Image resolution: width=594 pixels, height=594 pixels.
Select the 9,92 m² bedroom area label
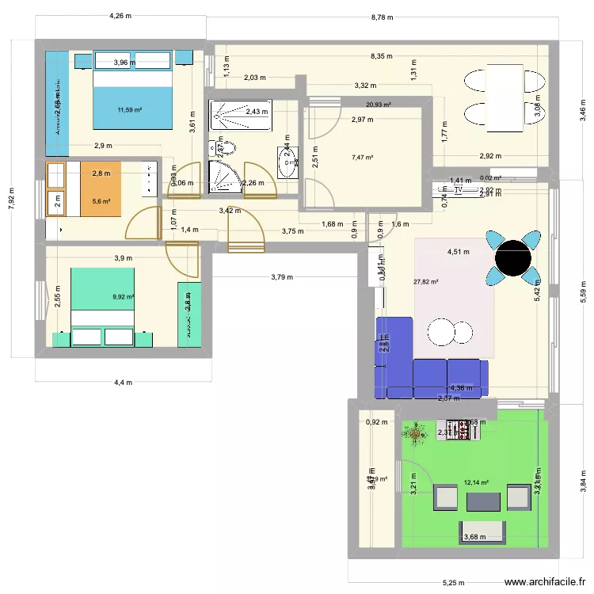point(124,297)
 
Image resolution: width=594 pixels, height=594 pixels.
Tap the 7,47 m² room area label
point(362,158)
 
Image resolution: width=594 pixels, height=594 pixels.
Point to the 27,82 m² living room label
point(425,281)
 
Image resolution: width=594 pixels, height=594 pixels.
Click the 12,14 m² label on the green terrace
point(477,482)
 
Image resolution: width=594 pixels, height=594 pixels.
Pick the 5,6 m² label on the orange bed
point(101,201)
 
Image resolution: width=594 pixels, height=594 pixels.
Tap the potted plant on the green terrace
point(413,432)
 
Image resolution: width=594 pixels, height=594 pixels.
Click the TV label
point(457,189)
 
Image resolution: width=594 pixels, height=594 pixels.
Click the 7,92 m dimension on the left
point(11,200)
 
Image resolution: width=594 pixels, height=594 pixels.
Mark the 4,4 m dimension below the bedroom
point(123,383)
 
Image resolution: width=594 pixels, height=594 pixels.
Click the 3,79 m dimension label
point(282,277)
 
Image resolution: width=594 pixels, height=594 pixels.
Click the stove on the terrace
point(459,430)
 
